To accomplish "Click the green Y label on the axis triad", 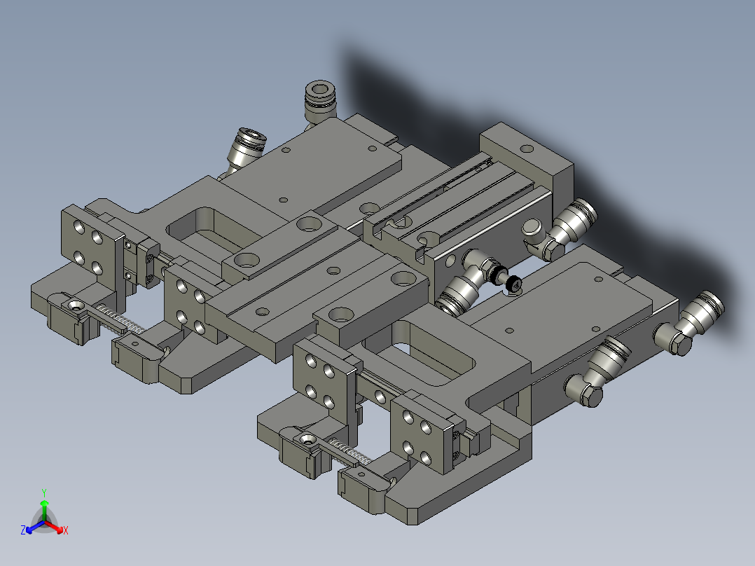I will (x=43, y=492).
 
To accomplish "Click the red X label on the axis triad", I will (x=65, y=531).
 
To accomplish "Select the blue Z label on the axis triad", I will (x=23, y=531).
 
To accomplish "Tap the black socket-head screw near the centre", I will (x=513, y=284).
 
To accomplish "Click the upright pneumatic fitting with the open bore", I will (x=320, y=99).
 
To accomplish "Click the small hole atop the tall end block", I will (x=525, y=148).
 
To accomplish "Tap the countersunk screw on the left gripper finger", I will (x=75, y=305).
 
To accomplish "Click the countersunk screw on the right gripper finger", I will (x=306, y=440).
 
